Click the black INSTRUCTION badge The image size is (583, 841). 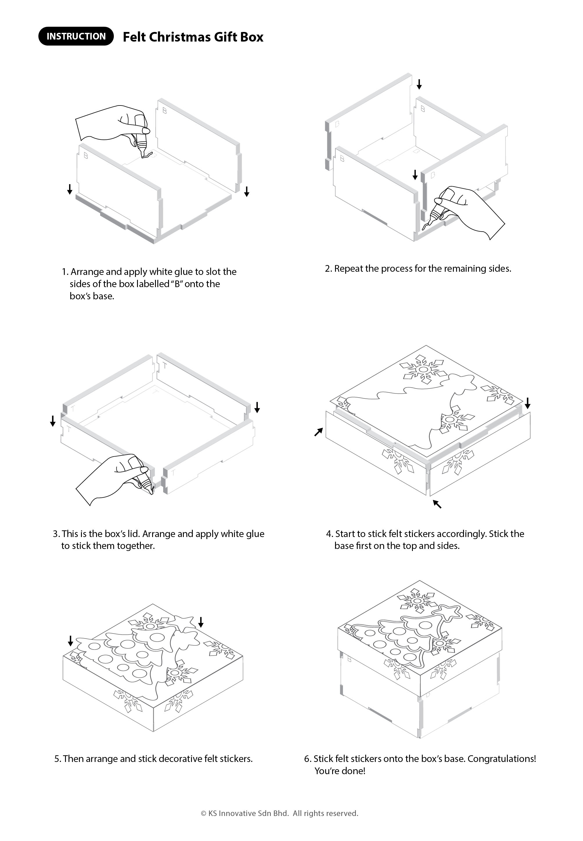pos(76,36)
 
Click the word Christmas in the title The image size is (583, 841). pos(180,37)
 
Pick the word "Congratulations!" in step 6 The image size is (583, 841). pos(501,758)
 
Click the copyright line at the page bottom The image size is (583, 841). pos(279,813)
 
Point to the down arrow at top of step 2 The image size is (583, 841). pos(419,84)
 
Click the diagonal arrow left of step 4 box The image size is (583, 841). pos(319,432)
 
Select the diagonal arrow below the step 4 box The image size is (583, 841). pos(437,504)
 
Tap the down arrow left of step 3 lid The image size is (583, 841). pos(53,421)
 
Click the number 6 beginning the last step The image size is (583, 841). pos(307,758)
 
